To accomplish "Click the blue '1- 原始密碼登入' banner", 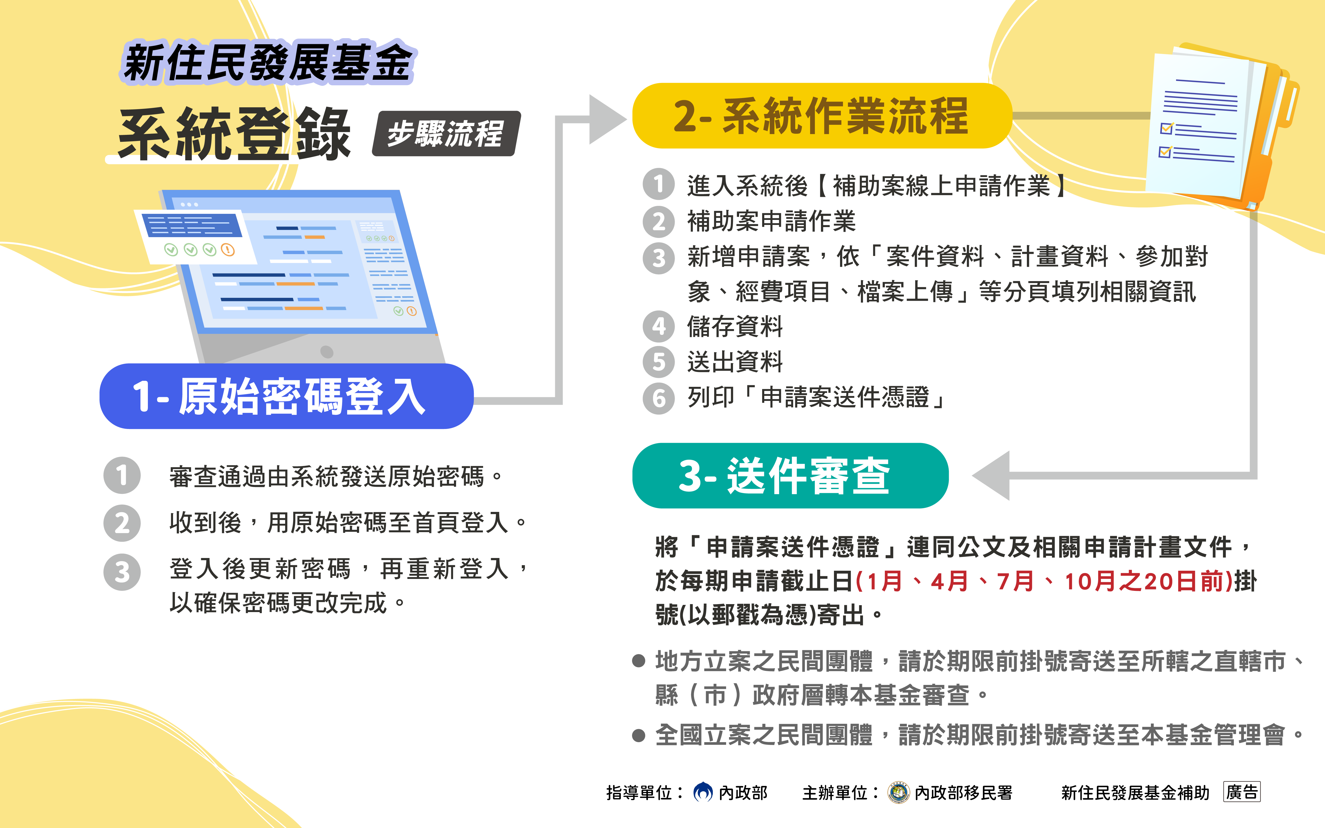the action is click(286, 396).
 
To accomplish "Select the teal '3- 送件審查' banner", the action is click(790, 475).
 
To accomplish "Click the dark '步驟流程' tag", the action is click(446, 134).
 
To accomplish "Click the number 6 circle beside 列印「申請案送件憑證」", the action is click(659, 398).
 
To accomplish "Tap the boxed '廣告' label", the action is click(1242, 792).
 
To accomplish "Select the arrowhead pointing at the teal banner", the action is click(992, 475).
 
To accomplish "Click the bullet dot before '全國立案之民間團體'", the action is click(638, 735).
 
